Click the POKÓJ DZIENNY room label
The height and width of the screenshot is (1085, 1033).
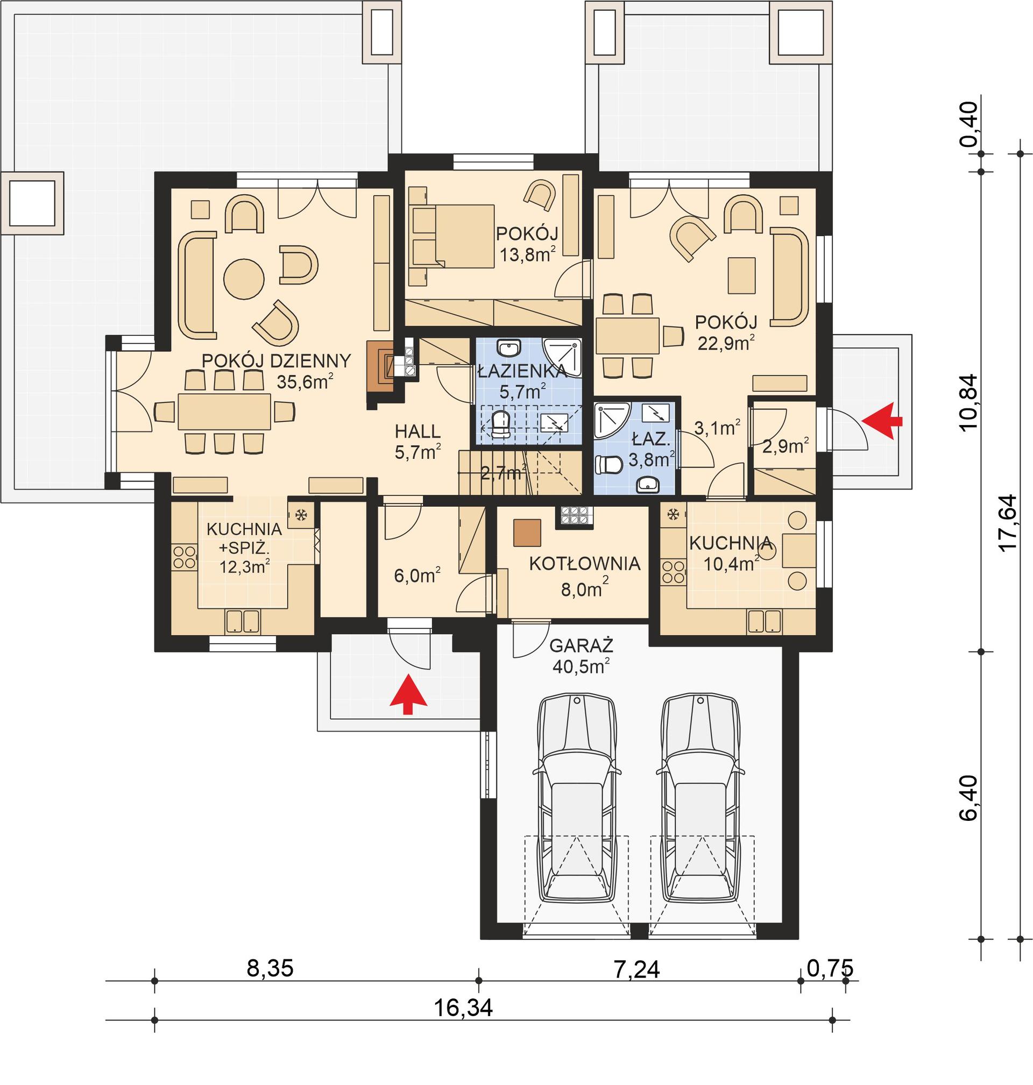coord(276,361)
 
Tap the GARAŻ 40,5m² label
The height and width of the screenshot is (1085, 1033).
coord(582,655)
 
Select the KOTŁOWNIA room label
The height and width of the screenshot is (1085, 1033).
coord(584,564)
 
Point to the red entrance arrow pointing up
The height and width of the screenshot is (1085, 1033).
coord(408,693)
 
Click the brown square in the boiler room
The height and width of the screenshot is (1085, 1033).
coord(527,532)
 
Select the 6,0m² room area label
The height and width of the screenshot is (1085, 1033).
coord(417,576)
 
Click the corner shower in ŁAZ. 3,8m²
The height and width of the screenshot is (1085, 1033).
coord(610,420)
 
